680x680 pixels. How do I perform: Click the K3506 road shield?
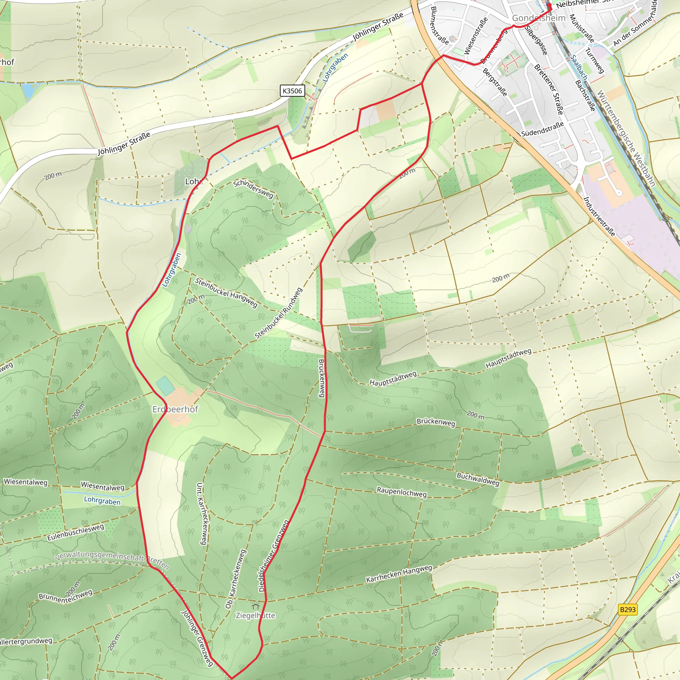[x=292, y=91]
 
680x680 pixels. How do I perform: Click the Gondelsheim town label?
[x=539, y=18]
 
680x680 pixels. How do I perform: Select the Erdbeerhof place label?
[x=175, y=409]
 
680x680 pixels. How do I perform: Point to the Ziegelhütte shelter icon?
[x=256, y=606]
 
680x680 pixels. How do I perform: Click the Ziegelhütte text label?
[x=256, y=615]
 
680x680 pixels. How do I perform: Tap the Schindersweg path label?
[x=253, y=189]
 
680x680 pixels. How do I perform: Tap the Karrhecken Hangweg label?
[x=399, y=574]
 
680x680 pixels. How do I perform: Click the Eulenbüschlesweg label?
[x=76, y=532]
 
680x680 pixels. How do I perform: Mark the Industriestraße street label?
[x=599, y=216]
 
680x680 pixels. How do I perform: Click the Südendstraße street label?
[x=543, y=129]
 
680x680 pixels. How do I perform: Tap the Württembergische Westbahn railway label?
[x=626, y=138]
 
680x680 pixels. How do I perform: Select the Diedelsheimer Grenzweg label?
[x=274, y=555]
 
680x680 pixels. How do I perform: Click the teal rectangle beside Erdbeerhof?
[x=165, y=385]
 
